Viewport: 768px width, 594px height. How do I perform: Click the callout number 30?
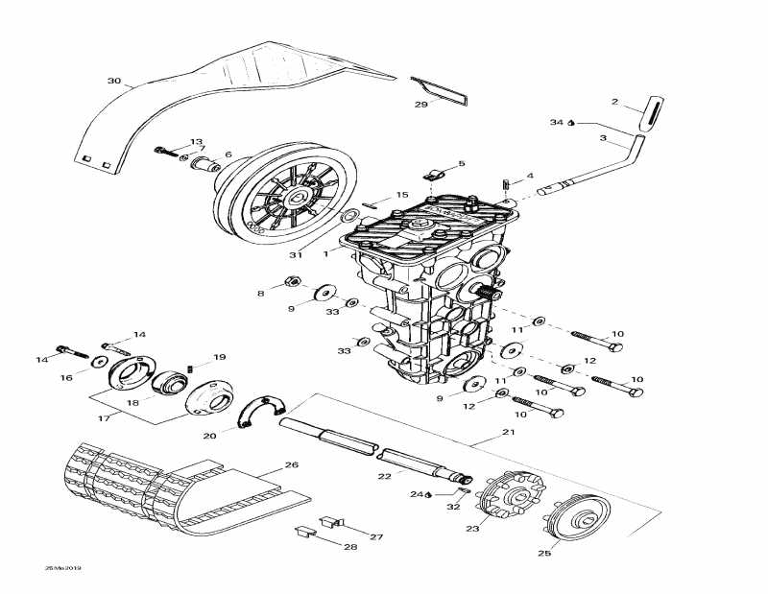[x=114, y=82]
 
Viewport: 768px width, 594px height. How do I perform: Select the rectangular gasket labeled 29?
[x=439, y=89]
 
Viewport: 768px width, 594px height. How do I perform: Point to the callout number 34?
[x=558, y=122]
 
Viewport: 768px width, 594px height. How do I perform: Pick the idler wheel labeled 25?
[x=581, y=521]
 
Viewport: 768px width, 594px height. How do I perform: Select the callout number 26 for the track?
[x=292, y=465]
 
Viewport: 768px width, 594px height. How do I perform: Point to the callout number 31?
[x=297, y=254]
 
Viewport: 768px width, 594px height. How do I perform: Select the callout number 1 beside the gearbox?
[x=325, y=253]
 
